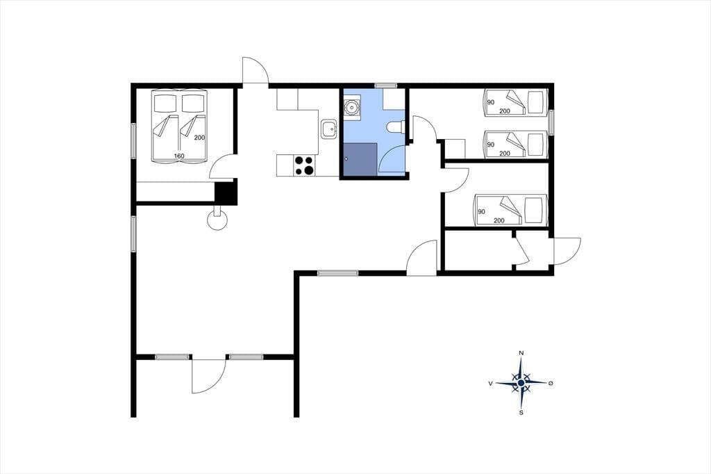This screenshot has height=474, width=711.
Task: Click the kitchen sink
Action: click(328, 129)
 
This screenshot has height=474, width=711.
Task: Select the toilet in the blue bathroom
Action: click(396, 128)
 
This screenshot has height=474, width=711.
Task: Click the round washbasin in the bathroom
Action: click(352, 107)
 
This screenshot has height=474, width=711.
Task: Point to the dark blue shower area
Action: click(360, 159)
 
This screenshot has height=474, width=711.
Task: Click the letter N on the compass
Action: click(521, 353)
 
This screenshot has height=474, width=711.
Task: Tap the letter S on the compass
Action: click(521, 413)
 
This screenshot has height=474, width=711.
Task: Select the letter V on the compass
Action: click(491, 384)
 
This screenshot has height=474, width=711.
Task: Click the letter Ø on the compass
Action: click(551, 384)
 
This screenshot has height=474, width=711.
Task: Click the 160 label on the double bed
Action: click(179, 156)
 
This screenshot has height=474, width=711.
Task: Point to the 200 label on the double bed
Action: click(199, 138)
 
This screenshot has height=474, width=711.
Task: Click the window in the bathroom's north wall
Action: click(386, 85)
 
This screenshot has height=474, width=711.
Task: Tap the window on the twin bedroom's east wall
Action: click(551, 122)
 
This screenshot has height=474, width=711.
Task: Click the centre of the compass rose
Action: click(521, 384)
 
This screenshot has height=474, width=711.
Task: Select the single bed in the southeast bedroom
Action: click(511, 210)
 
